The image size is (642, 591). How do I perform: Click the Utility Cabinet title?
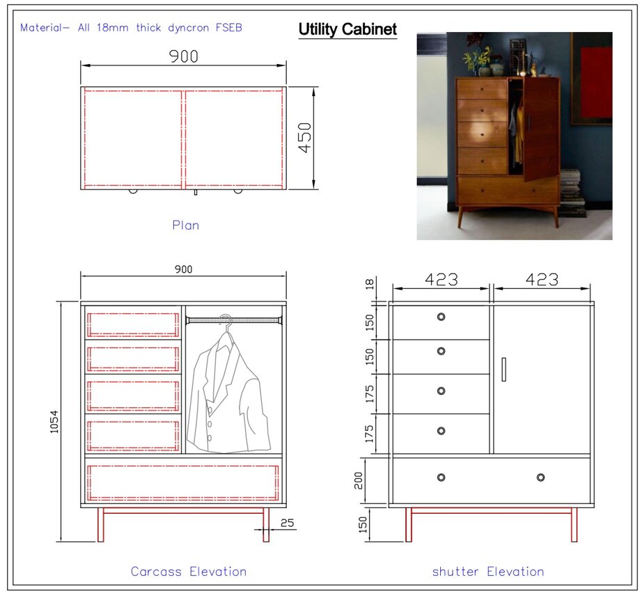[x=347, y=29]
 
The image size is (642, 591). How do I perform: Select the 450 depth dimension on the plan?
[x=305, y=138]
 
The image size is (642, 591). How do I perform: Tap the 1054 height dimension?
[x=54, y=422]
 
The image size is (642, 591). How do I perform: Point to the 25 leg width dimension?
[x=288, y=523]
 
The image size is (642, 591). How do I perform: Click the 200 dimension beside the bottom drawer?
[x=359, y=480]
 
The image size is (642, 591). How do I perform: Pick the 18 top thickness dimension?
[x=370, y=283]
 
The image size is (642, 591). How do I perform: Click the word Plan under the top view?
[x=185, y=225]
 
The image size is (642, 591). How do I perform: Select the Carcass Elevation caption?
[x=189, y=572]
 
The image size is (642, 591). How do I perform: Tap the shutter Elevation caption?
[x=488, y=572]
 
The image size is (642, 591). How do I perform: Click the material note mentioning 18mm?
[x=131, y=27]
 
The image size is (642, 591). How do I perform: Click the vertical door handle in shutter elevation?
[x=503, y=370]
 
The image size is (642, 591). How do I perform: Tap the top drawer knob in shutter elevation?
[x=441, y=317]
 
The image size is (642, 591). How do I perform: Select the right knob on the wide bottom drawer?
[x=540, y=478]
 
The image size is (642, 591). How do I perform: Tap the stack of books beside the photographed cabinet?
[x=572, y=193]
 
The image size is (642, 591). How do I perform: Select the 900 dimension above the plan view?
[x=183, y=56]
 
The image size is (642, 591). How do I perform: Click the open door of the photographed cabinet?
[x=540, y=127]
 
